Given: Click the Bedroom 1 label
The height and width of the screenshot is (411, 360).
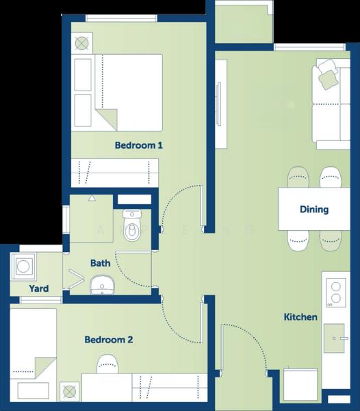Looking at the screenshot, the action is [x=139, y=145].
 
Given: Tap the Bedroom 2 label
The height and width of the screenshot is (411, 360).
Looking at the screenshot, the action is [x=109, y=340].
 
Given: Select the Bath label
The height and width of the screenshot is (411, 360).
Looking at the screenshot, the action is [x=101, y=263].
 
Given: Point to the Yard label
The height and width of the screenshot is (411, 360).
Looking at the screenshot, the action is [x=39, y=288].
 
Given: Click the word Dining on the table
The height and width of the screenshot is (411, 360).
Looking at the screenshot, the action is [x=314, y=210].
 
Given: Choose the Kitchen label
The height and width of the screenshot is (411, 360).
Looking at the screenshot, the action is [x=300, y=317].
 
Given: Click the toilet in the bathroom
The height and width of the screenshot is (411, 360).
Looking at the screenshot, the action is [x=132, y=225].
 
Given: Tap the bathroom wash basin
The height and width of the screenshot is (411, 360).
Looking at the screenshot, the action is [x=103, y=285].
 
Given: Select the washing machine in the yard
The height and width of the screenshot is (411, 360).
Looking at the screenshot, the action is [x=23, y=266].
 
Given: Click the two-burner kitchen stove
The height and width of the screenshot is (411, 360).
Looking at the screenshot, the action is [x=336, y=292].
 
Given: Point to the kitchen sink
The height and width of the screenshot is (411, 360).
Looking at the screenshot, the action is [x=334, y=338].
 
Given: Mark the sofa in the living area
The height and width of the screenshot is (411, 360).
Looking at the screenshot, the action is [x=331, y=104].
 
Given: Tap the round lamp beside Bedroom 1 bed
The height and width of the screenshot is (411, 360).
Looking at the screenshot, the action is [x=81, y=43].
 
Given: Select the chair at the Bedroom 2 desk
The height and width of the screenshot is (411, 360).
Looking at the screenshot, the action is [x=107, y=364].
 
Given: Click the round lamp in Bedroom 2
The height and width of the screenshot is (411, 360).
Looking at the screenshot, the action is [x=69, y=392].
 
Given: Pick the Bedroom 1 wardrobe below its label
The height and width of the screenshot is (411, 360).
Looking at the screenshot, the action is [x=115, y=173].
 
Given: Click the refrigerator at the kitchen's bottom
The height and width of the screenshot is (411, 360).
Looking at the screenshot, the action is [x=300, y=384].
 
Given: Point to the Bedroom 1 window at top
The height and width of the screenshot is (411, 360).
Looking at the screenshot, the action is [x=122, y=18].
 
